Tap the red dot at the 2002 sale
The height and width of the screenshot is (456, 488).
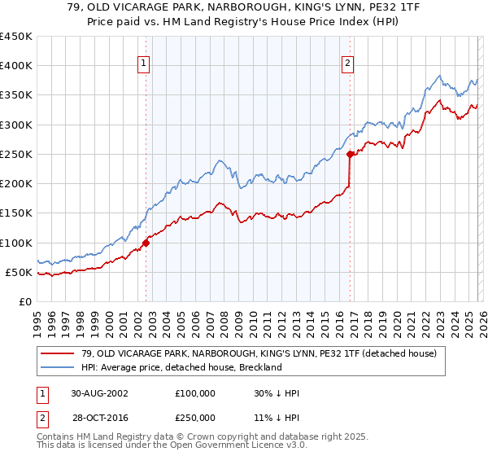pos(146,242)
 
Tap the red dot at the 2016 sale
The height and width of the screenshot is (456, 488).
pos(350,154)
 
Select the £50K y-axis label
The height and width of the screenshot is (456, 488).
pos(19,272)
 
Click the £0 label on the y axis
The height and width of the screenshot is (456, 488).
pos(25,301)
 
